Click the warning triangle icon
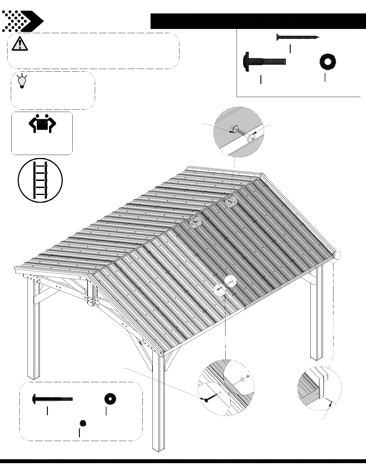[20, 44]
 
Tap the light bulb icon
[22, 81]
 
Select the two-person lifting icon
[42, 123]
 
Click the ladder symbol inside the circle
[40, 180]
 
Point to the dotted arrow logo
[22, 21]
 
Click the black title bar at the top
[258, 21]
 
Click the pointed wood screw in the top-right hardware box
[298, 37]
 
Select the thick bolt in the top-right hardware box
[264, 62]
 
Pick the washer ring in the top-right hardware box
[327, 62]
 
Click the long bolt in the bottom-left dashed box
[53, 399]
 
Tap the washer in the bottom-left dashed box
[110, 399]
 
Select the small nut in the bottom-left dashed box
[83, 423]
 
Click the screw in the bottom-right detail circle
[329, 403]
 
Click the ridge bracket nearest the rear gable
[231, 203]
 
